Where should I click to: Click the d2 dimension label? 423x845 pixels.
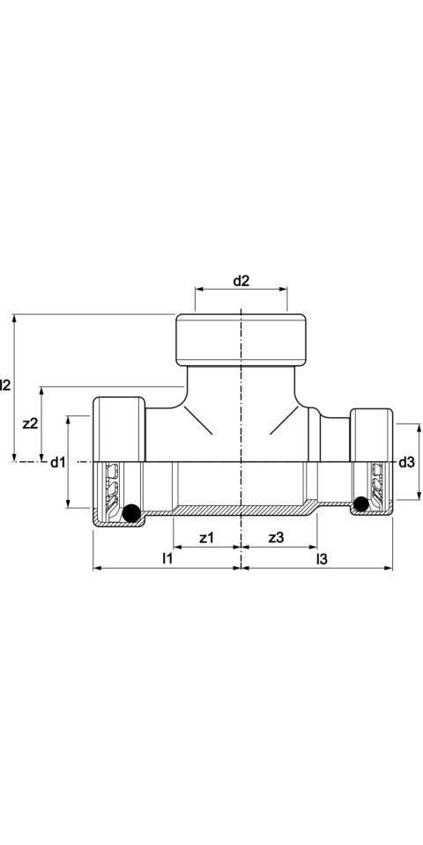click(x=241, y=281)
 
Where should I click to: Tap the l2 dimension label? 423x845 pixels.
click(x=5, y=385)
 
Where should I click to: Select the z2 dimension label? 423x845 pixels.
click(x=30, y=423)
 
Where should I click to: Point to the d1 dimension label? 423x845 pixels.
click(x=58, y=462)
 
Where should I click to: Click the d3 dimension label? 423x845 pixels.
click(x=407, y=462)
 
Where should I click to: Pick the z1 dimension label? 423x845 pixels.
click(x=206, y=537)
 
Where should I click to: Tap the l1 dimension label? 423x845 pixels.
click(x=167, y=559)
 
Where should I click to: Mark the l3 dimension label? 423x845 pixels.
click(x=322, y=559)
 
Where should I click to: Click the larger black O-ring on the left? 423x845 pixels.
click(x=131, y=512)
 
